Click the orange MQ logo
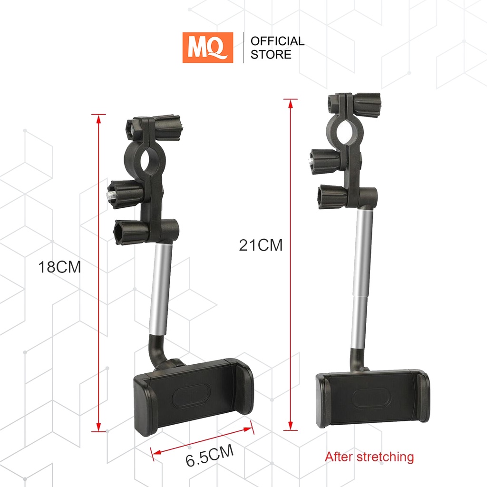coord(207,48)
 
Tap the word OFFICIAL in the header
coord(277,41)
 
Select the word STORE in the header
coord(271,55)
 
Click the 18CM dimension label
coord(59,267)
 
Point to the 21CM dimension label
coord(261,245)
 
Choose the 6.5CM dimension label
coord(210,455)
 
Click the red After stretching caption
coord(369,457)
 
